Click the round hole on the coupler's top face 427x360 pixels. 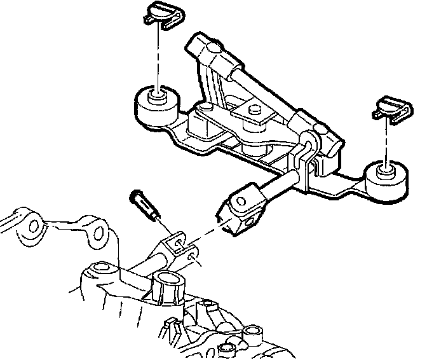point(240,201)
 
